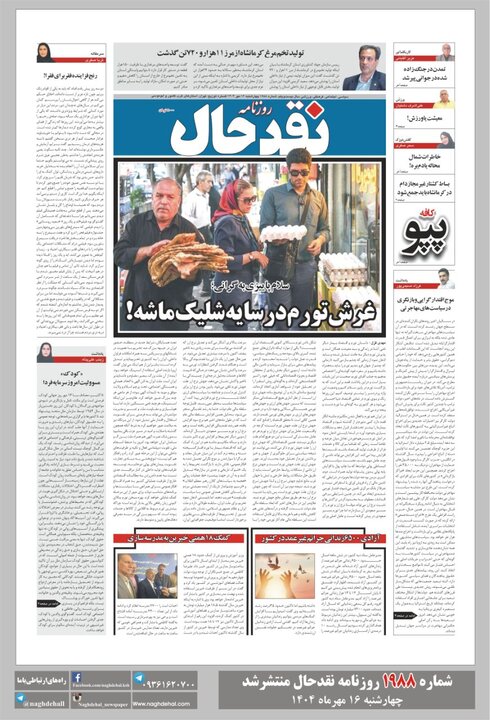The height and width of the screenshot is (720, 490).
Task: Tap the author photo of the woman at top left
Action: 46,53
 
